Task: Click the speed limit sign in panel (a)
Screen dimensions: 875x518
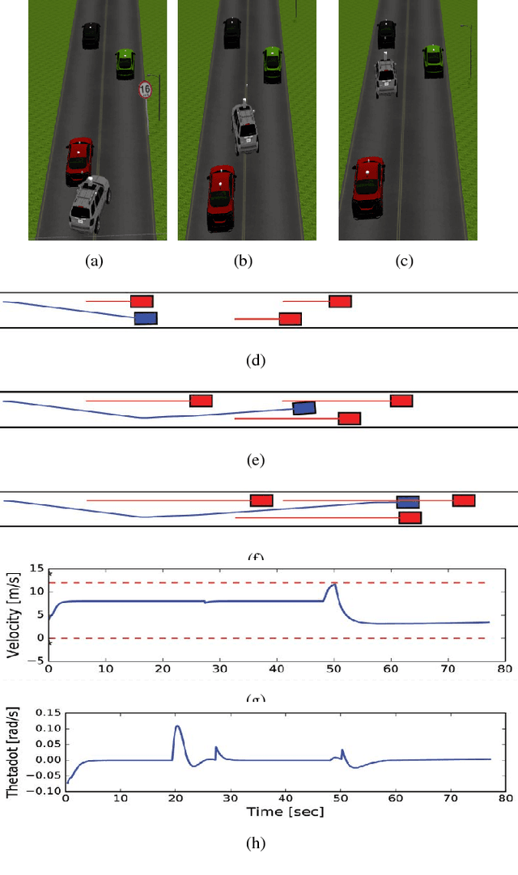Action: pyautogui.click(x=145, y=90)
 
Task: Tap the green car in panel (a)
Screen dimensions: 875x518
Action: pyautogui.click(x=125, y=64)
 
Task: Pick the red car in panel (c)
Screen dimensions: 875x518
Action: pyautogui.click(x=369, y=188)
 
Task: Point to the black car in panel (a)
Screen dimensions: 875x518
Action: pyautogui.click(x=91, y=36)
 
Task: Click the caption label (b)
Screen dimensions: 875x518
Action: pyautogui.click(x=242, y=261)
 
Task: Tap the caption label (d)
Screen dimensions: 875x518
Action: pyautogui.click(x=255, y=360)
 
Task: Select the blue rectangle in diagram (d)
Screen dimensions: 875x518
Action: pyautogui.click(x=146, y=318)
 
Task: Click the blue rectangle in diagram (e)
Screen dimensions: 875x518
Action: pyautogui.click(x=304, y=408)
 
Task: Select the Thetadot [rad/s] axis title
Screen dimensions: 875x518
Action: pyautogui.click(x=14, y=752)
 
